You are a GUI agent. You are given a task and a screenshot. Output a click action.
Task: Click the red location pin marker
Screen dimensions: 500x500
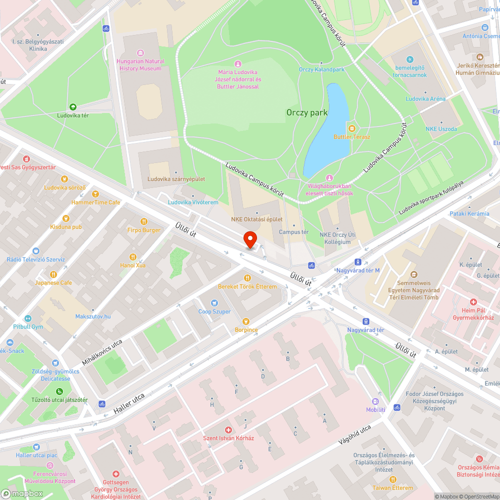[x=249, y=239]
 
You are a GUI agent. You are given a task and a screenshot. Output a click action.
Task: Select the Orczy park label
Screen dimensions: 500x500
[x=307, y=112]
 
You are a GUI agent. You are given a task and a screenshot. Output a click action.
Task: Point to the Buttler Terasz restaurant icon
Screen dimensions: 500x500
[x=351, y=128]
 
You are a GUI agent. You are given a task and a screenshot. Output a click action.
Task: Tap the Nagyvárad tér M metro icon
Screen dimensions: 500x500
[x=358, y=261]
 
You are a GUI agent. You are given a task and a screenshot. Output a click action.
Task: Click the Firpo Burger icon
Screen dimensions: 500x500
[x=144, y=221]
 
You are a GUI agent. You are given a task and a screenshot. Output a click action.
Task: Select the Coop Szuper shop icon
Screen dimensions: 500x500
[x=214, y=303]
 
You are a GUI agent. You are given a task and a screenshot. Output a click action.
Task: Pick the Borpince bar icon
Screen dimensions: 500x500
[x=245, y=321]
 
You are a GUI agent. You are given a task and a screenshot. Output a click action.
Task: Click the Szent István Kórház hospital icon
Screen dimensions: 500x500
[x=228, y=430]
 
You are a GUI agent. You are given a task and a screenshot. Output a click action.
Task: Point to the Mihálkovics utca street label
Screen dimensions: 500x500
[x=102, y=352]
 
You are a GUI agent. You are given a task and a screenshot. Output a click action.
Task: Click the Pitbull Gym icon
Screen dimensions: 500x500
[x=28, y=318]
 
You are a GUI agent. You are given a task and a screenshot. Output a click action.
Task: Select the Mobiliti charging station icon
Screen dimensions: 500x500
[x=375, y=401]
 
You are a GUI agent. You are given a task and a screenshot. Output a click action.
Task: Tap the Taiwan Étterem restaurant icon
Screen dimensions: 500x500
[x=392, y=479]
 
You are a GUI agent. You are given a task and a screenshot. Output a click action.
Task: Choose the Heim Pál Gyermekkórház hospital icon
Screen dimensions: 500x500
[x=473, y=302]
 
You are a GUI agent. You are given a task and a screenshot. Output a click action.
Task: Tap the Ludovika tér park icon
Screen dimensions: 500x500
[x=73, y=106]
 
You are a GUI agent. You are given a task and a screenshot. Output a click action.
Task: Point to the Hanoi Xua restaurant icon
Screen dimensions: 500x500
[x=133, y=256]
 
